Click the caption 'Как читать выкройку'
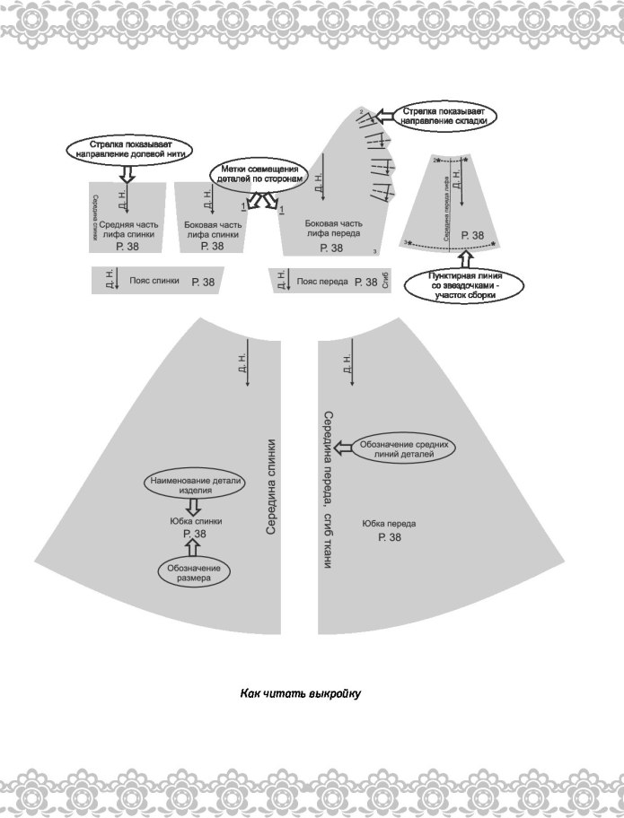(x=299, y=693)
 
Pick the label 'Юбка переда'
(x=390, y=524)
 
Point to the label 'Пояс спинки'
(x=154, y=281)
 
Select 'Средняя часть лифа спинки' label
(x=127, y=229)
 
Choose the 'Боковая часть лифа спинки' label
(x=212, y=229)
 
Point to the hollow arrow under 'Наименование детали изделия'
(x=193, y=507)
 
